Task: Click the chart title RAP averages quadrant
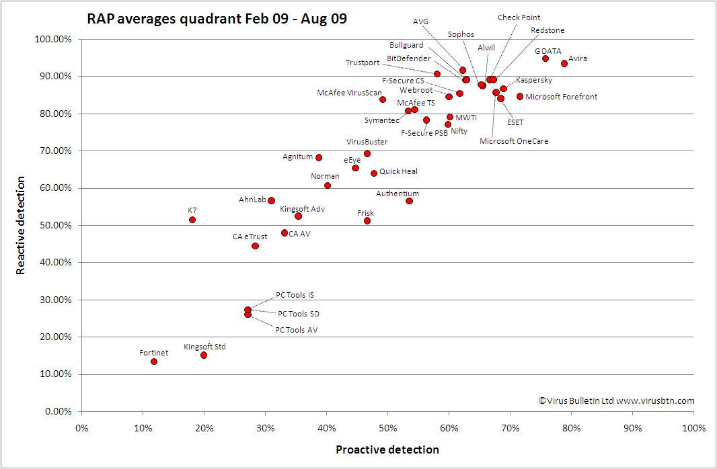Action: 217,18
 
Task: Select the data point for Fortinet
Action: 154,361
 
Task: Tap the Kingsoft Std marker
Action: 204,355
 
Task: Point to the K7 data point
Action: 192,220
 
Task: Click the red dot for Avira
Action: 564,64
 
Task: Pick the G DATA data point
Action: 545,59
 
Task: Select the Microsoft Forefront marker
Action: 520,97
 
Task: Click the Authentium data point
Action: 409,201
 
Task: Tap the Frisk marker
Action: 367,221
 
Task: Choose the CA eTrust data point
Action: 255,246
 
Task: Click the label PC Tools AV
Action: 297,330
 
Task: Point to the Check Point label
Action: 519,17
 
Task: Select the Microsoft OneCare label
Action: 514,141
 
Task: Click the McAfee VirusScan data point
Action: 383,99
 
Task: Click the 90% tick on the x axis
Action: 632,428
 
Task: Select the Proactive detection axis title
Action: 387,450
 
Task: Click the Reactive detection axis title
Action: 21,225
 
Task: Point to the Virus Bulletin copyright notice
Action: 616,400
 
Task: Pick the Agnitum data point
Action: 319,158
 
